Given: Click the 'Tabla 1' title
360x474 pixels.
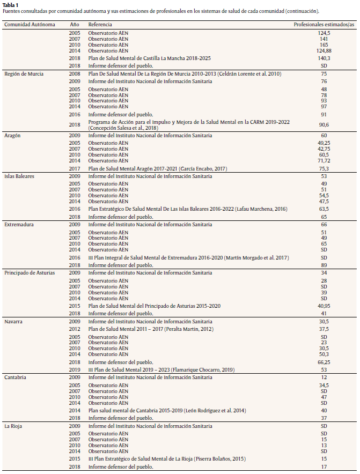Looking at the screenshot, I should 11,5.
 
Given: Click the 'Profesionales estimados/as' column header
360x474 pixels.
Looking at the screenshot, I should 324,25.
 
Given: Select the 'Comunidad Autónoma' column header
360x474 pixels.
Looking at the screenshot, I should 30,25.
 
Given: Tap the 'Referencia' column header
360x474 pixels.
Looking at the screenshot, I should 100,25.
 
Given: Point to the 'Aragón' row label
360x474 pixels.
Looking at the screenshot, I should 14,136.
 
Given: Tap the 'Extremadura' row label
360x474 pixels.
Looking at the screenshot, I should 19,224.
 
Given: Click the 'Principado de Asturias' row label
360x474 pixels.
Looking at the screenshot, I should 30,272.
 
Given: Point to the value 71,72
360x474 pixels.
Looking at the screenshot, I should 324,160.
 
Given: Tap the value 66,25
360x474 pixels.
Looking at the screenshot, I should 324,362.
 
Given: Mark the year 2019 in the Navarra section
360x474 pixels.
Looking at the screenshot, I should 75,369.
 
